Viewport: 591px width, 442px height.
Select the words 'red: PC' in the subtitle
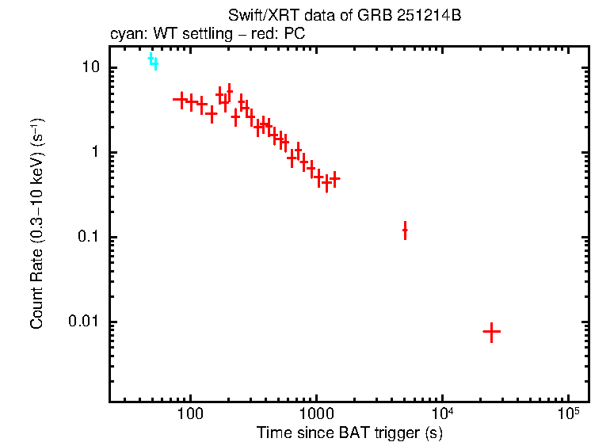[280, 34]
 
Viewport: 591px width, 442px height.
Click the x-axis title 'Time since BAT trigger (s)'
[349, 432]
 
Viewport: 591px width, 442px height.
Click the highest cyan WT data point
[151, 57]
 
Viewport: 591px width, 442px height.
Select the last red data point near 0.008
[491, 332]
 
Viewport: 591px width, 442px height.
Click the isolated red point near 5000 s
[405, 231]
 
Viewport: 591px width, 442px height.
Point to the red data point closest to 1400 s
[334, 178]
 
